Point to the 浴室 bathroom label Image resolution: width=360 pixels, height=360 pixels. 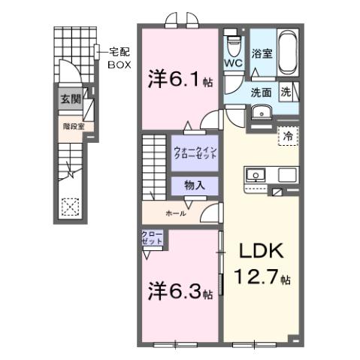pos(262,55)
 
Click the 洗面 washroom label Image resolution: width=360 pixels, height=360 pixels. pos(262,93)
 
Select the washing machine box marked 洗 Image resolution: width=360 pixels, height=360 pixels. pos(287,92)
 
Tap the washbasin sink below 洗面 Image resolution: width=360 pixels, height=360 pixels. pos(262,113)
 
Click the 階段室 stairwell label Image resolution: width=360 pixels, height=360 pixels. pos(72,126)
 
